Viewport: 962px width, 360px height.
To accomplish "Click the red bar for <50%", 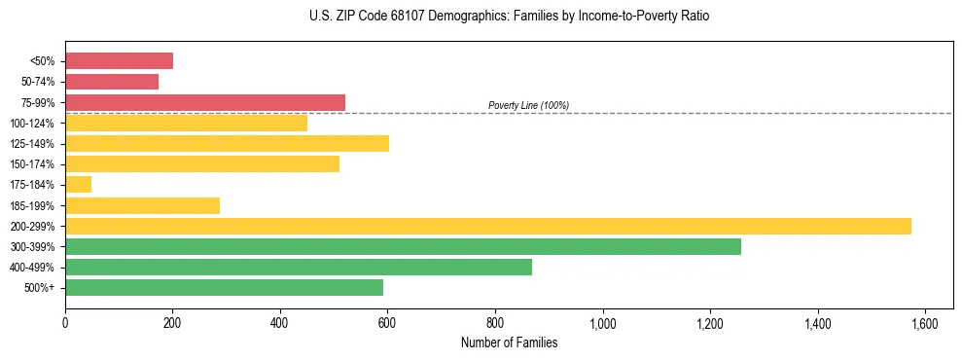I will [119, 61].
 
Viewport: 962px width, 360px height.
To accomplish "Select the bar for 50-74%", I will [112, 82].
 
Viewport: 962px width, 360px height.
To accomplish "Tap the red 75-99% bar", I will [205, 102].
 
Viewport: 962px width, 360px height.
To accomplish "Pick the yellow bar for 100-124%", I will [186, 123].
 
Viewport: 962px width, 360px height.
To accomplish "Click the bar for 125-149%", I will [227, 143].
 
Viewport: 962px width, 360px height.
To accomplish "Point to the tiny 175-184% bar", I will [78, 184].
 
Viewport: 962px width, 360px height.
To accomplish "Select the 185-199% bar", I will [142, 205].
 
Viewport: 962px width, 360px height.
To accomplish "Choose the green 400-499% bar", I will [299, 267].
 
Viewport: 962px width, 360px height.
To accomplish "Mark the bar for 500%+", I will [224, 287].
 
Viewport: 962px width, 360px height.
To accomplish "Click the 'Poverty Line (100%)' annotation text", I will [528, 105].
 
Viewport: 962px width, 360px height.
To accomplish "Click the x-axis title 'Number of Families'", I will [509, 342].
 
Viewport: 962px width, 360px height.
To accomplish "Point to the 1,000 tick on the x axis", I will [603, 324].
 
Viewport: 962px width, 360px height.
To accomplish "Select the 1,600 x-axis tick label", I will [925, 324].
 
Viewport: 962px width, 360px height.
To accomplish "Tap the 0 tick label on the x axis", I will [65, 324].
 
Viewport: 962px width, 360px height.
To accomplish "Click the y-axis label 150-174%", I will [32, 164].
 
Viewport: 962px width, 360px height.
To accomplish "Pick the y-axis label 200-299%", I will [32, 226].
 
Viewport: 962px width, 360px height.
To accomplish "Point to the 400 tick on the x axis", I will [280, 324].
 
